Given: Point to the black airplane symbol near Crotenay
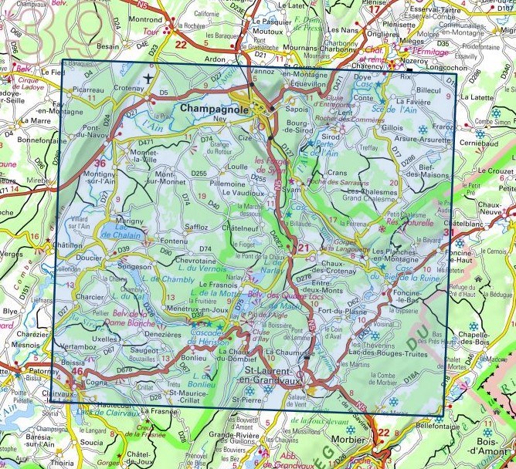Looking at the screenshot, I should (x=148, y=79).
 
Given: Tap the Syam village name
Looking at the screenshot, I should (x=291, y=188).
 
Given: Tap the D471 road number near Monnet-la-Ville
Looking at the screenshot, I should (x=144, y=143).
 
